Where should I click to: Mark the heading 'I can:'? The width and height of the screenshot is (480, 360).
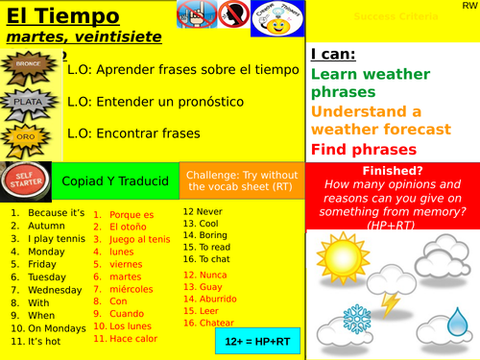333,55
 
